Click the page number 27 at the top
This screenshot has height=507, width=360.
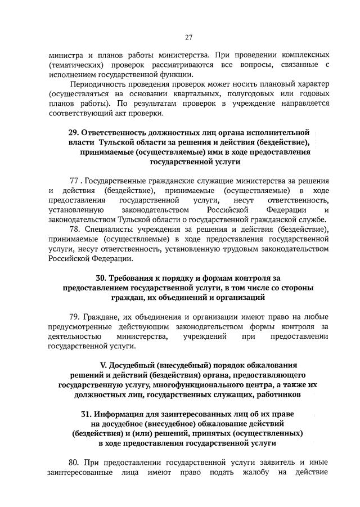(189, 38)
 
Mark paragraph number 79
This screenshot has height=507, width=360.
(75, 317)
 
